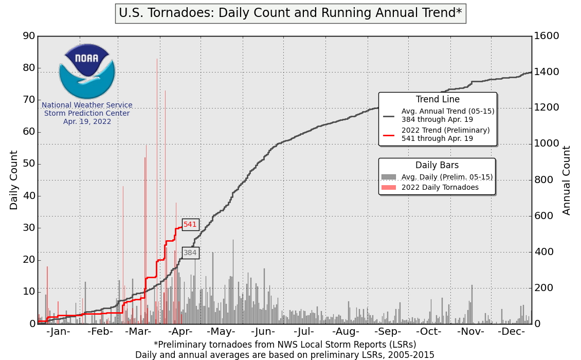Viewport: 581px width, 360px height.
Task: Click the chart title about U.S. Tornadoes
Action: click(x=290, y=13)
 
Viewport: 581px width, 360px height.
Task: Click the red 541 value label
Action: click(x=190, y=224)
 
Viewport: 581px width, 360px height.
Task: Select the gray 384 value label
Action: click(x=190, y=253)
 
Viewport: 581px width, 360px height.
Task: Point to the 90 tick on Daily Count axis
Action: click(x=29, y=36)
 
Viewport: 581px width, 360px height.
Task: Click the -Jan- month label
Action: click(x=58, y=332)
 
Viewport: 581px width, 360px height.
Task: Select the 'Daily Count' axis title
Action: click(x=14, y=180)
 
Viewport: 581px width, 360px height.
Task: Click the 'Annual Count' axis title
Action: click(x=567, y=180)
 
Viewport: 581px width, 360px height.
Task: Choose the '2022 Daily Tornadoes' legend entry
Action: click(x=440, y=187)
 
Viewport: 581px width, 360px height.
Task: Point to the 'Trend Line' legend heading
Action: click(x=438, y=100)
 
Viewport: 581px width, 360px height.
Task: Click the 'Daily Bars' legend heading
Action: click(x=437, y=165)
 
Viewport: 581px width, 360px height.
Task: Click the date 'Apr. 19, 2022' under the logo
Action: click(x=87, y=122)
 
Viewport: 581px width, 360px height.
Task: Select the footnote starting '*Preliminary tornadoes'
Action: click(x=285, y=344)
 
